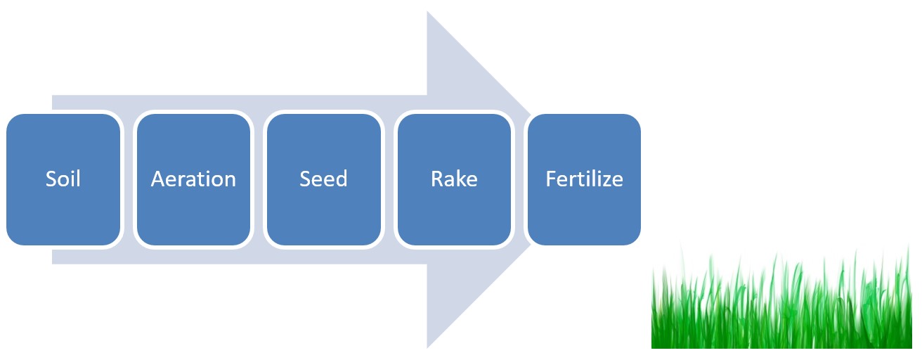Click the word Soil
[63, 179]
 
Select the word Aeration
[193, 179]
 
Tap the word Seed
[323, 179]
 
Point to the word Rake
[454, 179]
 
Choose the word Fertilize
[585, 179]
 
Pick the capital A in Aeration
[159, 179]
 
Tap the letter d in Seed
[342, 179]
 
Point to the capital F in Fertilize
[551, 179]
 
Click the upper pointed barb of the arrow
[428, 12]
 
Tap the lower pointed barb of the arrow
[428, 347]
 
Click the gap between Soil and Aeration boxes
[129, 179]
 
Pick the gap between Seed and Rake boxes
[389, 179]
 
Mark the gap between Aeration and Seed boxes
[259, 179]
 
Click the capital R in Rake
[436, 179]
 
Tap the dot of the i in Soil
[72, 172]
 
